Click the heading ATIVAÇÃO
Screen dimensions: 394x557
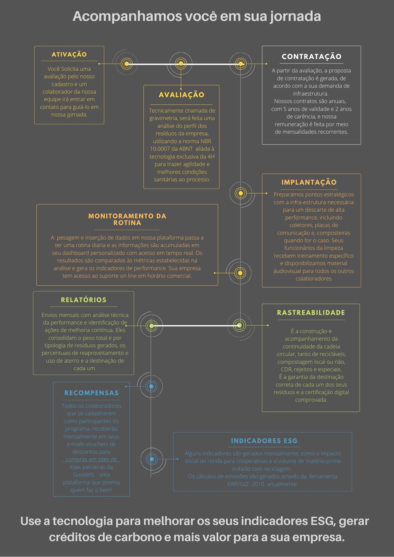(69, 54)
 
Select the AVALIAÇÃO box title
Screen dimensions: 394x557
(181, 95)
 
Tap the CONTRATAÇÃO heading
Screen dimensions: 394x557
(312, 57)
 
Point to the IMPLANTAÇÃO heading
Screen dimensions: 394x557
(309, 182)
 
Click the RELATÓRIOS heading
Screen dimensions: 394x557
(84, 300)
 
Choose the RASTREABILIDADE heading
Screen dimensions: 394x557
(311, 312)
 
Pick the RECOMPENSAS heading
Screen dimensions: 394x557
(91, 393)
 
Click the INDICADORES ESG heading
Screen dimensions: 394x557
(264, 441)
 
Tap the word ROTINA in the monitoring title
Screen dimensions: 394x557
(127, 223)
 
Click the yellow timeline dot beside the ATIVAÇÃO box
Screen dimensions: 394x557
(127, 64)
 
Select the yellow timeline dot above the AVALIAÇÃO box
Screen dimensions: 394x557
(181, 64)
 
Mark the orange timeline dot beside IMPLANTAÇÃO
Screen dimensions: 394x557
(241, 193)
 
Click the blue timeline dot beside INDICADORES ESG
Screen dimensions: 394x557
(152, 459)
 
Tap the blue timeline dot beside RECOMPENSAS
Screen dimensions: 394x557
(151, 386)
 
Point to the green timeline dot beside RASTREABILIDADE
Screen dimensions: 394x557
(239, 325)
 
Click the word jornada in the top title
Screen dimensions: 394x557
(295, 17)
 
